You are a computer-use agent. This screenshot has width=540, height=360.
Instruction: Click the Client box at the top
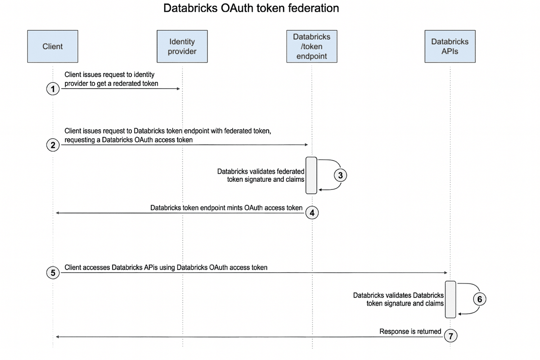[53, 46]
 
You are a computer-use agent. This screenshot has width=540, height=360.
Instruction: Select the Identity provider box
[182, 46]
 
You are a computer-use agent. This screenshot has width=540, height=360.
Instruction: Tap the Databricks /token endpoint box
[311, 46]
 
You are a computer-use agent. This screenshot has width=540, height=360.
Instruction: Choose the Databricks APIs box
[450, 46]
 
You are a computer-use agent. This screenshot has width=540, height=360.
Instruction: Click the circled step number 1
[53, 89]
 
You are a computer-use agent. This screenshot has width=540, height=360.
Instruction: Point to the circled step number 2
[53, 145]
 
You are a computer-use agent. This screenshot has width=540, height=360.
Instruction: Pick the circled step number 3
[341, 176]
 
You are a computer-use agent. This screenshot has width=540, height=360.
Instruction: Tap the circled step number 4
[312, 213]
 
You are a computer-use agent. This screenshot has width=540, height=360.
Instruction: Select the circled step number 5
[53, 273]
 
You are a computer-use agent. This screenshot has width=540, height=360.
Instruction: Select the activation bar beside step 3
[311, 175]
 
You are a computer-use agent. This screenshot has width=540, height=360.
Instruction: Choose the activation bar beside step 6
[450, 299]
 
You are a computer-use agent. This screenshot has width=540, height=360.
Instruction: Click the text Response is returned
[410, 332]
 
